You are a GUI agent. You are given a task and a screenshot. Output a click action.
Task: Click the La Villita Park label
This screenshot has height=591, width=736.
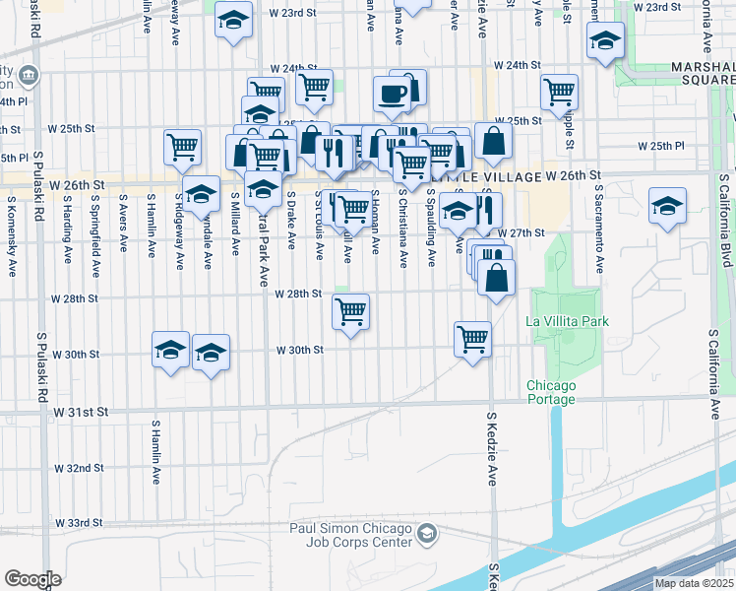coord(567,321)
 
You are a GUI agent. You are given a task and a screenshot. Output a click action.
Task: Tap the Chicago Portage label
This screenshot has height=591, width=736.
coord(550,392)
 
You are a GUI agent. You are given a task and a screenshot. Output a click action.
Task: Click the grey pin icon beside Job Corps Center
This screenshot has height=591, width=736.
coord(426,535)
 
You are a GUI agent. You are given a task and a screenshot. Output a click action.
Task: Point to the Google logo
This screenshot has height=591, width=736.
coord(32,579)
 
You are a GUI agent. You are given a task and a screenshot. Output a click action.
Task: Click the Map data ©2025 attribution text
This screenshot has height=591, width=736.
coord(693,583)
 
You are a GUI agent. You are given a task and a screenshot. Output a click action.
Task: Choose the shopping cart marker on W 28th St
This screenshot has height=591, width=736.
coord(350,312)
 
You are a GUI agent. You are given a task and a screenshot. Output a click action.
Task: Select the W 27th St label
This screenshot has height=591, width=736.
coord(521,233)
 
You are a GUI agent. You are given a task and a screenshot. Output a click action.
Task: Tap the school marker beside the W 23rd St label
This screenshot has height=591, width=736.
coord(233,19)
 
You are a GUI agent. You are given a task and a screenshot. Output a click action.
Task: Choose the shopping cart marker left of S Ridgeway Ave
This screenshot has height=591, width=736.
coord(182,148)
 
